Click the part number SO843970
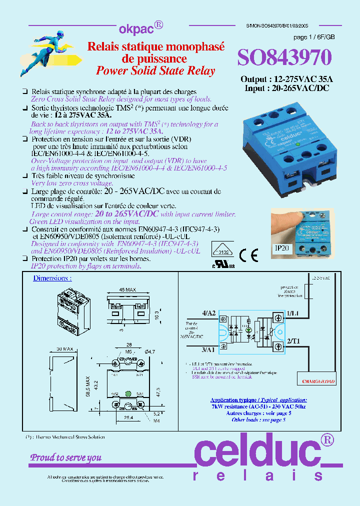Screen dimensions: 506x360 (x=284, y=58)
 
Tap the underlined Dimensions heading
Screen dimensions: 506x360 (x=52, y=278)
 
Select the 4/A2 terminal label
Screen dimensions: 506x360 (x=208, y=313)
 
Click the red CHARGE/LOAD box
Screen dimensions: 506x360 (x=318, y=381)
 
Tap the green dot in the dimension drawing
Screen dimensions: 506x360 (x=127, y=392)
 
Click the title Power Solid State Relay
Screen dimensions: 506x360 (x=155, y=70)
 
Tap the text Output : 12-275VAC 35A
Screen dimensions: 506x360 (x=286, y=79)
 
